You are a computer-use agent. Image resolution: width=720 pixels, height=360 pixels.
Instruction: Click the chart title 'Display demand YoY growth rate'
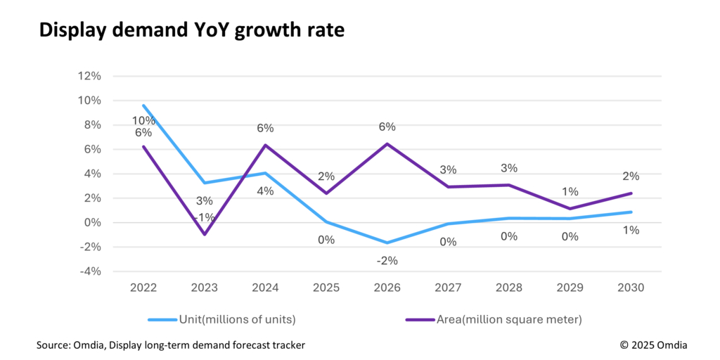coord(191,30)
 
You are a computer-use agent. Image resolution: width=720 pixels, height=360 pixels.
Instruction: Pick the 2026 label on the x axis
coord(387,288)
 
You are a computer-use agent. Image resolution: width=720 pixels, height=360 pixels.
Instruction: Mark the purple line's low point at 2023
coord(205,234)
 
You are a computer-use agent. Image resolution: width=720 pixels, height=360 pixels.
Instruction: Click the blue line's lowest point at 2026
coord(387,243)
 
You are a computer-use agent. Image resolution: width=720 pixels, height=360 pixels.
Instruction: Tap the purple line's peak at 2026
coord(387,144)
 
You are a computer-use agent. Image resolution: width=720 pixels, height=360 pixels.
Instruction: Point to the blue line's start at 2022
coord(144,106)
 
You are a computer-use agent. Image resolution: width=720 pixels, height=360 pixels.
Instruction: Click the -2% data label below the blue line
coord(387,260)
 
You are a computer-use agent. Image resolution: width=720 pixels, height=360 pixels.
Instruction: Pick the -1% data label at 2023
coord(205,217)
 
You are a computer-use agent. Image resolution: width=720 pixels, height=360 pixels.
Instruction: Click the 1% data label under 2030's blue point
coord(631,230)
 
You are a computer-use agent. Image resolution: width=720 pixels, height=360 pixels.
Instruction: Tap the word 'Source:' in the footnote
coord(54,345)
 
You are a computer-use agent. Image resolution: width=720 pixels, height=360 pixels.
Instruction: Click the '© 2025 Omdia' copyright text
coord(653,345)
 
